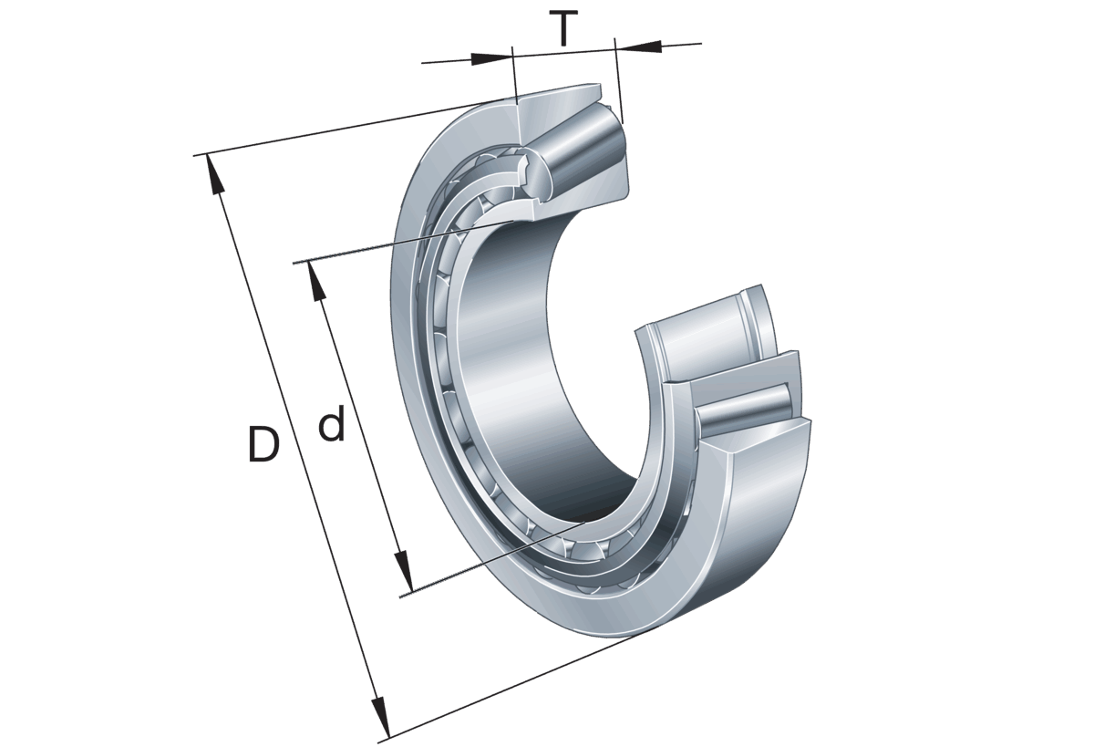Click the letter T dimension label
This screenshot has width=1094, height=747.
[x=563, y=29]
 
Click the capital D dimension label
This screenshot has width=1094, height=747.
[x=263, y=444]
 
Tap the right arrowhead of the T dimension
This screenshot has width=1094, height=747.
[x=638, y=47]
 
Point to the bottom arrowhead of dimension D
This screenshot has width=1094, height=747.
[x=381, y=717]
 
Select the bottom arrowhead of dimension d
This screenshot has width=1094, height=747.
[x=405, y=572]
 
